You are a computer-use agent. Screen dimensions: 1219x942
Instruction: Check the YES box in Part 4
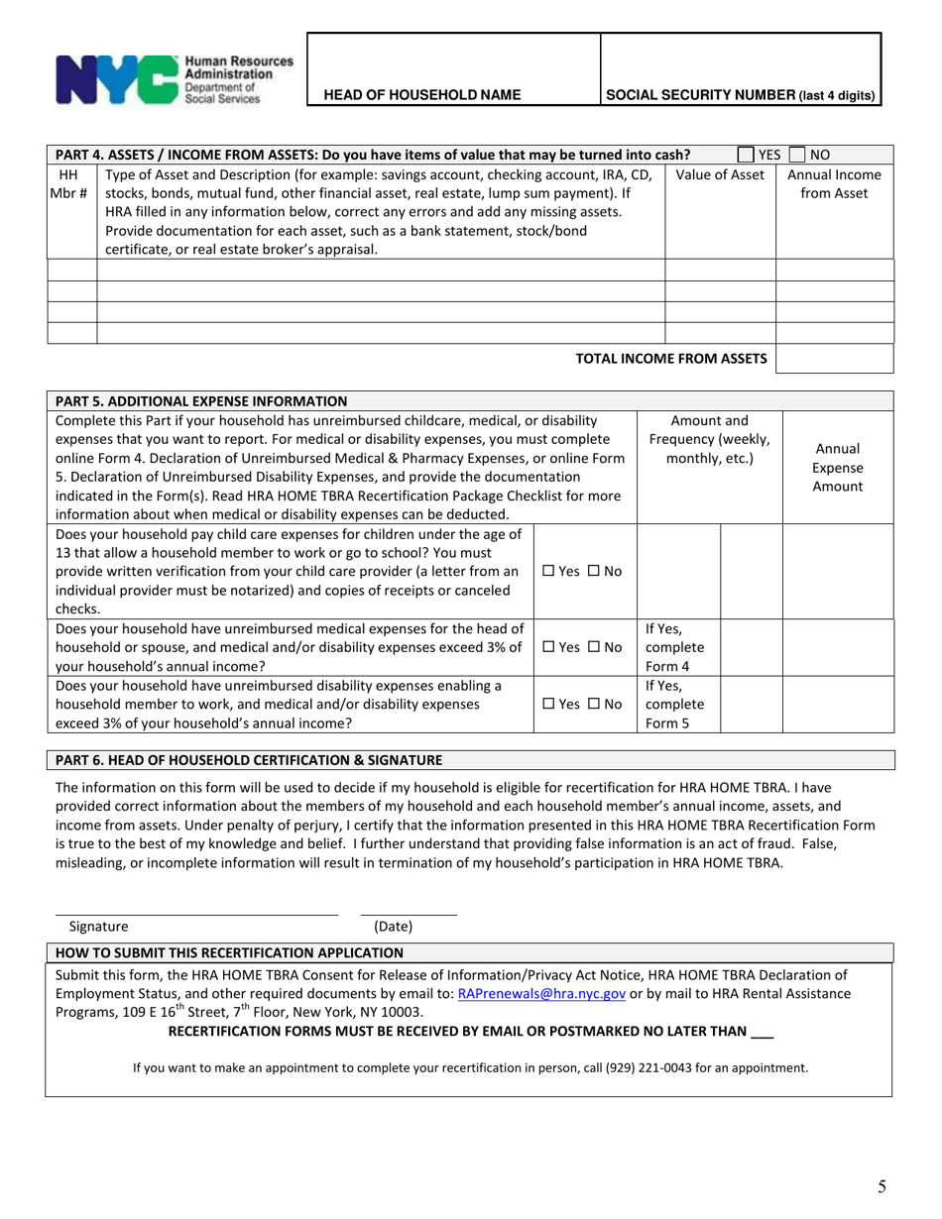(x=747, y=155)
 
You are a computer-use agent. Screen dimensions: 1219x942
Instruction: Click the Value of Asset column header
(x=720, y=175)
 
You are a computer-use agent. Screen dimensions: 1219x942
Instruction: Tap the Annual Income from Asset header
(x=834, y=184)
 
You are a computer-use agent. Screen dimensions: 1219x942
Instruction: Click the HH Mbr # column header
(x=71, y=184)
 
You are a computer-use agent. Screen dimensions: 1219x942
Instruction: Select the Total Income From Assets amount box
(x=834, y=359)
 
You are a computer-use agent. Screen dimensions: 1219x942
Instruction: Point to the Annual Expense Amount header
(x=838, y=467)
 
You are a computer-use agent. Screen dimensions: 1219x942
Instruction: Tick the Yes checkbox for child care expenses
(x=551, y=572)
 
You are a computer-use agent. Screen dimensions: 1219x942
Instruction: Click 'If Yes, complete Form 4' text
(x=674, y=646)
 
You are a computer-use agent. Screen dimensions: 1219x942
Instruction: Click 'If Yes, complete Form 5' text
(x=674, y=704)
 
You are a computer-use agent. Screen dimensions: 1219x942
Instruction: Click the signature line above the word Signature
(x=195, y=912)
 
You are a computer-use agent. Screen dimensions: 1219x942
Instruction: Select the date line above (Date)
(x=408, y=912)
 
